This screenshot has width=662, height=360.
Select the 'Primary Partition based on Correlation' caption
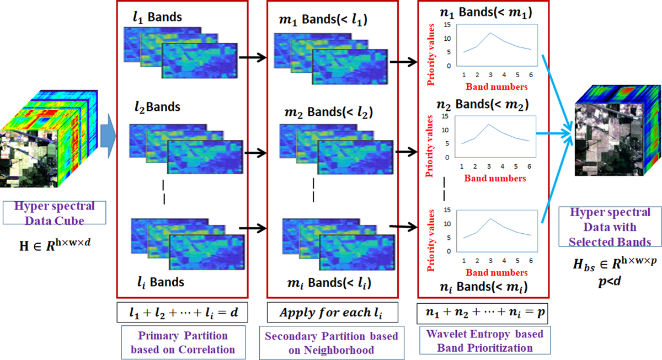(x=182, y=342)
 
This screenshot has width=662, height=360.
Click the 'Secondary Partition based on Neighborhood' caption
(x=331, y=342)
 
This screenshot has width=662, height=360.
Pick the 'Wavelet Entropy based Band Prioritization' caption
(x=481, y=340)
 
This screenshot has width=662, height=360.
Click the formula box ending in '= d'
(x=182, y=313)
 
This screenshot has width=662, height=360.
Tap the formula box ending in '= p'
(x=481, y=313)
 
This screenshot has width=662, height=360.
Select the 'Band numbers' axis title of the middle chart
(x=495, y=179)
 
